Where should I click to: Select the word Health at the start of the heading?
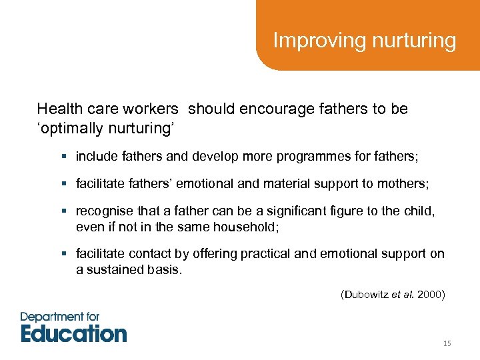[59, 109]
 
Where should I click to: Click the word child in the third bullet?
[419, 211]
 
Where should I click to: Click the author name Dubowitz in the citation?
[365, 294]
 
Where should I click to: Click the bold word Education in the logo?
[73, 333]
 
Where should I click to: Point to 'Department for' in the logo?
[60, 317]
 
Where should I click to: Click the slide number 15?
[447, 343]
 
